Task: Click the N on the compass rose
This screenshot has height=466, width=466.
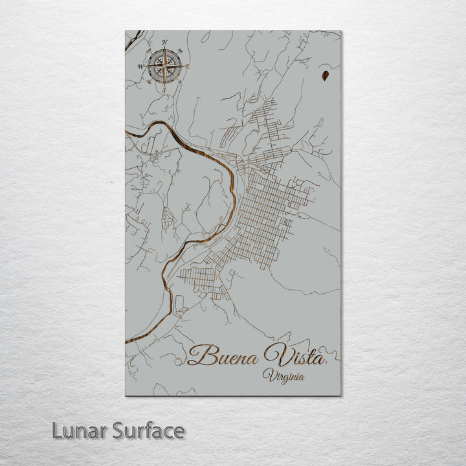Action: point(164,43)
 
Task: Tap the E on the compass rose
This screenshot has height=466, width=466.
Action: point(187,66)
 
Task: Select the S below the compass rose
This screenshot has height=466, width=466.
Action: point(164,90)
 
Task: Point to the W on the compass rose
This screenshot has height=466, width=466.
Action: point(140,66)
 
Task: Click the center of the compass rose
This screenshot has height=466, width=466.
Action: point(164,65)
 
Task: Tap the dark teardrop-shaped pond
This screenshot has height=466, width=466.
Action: point(324,77)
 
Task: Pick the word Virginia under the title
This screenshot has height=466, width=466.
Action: point(284,376)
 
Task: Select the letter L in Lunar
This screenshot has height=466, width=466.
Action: point(57,430)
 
